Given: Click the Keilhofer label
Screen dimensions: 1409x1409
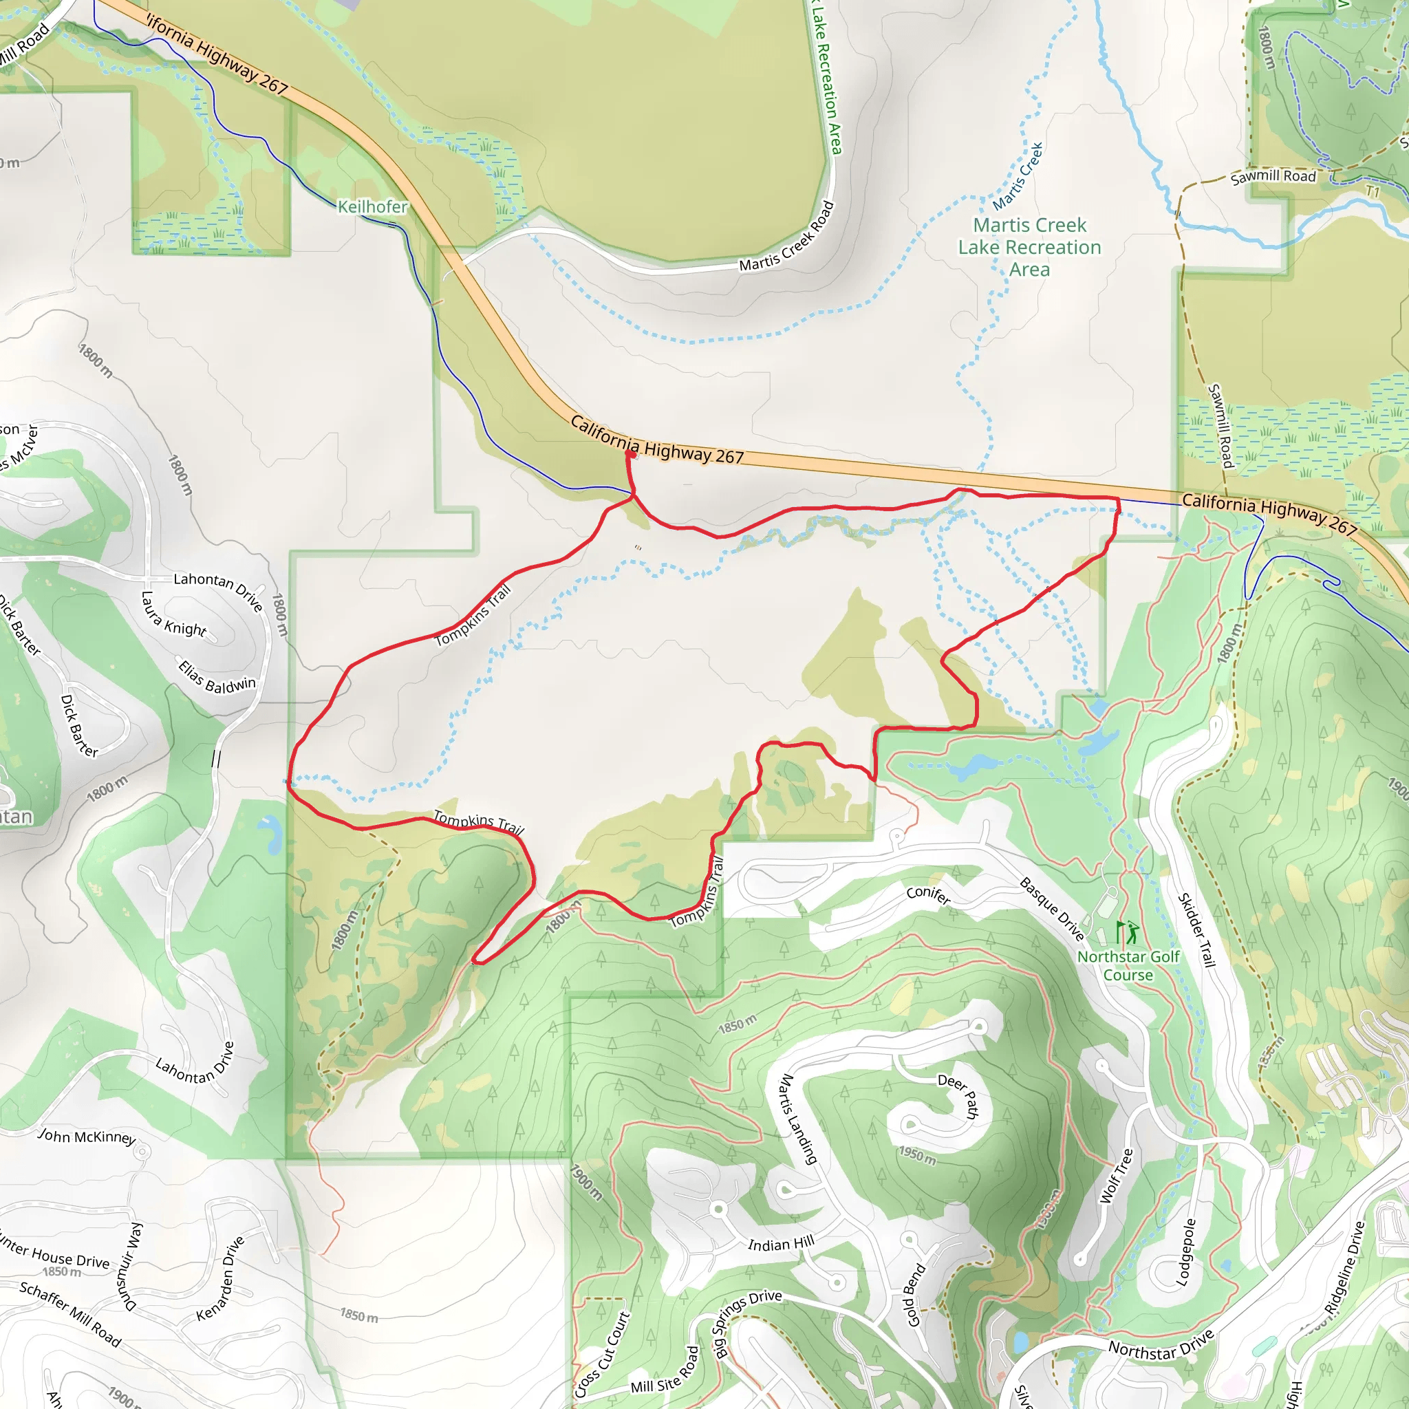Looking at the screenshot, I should click(372, 207).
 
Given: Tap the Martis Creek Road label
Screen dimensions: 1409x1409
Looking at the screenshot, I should click(786, 237).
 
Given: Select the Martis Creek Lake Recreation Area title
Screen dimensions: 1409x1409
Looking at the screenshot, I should click(1029, 247).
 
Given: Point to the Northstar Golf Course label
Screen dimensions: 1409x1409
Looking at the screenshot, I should click(1128, 965).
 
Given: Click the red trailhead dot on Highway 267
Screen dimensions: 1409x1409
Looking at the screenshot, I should click(630, 453).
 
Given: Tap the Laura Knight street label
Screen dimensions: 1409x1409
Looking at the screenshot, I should click(173, 614).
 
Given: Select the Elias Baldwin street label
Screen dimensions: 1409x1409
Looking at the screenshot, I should click(217, 677).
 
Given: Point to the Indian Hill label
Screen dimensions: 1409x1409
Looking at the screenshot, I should click(780, 1244).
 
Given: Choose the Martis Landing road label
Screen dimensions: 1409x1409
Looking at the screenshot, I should click(797, 1119).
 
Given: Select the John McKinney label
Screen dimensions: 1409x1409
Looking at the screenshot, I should click(87, 1137).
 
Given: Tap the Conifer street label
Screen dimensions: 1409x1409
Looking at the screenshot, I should click(927, 895).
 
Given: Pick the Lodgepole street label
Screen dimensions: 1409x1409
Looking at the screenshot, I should click(1186, 1251).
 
